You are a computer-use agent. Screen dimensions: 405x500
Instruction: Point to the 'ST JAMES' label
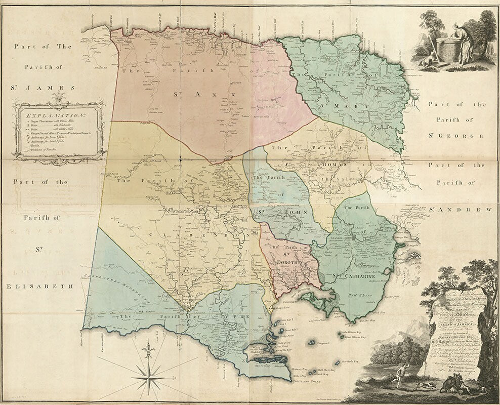coord(42,87)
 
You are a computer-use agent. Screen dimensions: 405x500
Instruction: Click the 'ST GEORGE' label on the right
coord(456,136)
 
